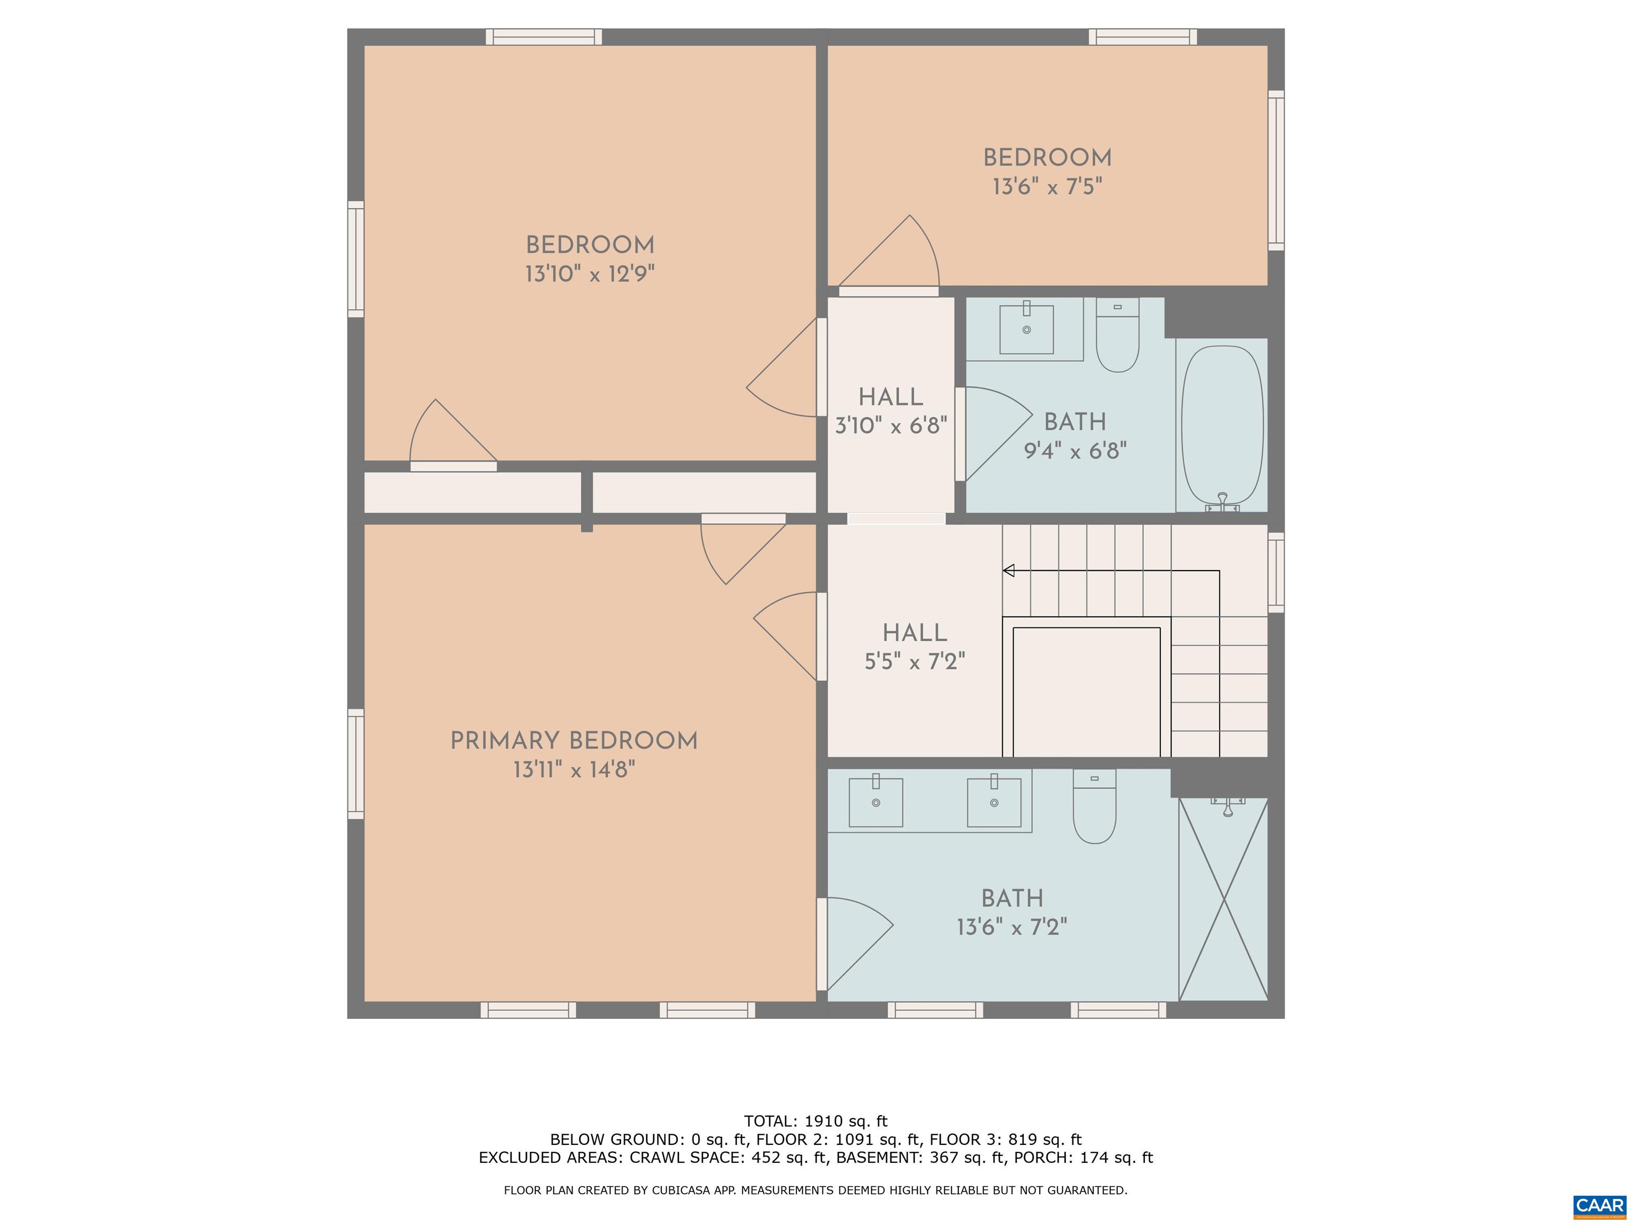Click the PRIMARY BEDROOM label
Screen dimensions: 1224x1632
pyautogui.click(x=574, y=741)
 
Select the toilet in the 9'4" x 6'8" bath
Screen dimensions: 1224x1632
pyautogui.click(x=1117, y=336)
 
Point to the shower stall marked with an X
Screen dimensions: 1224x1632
pyautogui.click(x=1223, y=899)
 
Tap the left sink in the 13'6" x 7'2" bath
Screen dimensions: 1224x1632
pyautogui.click(x=875, y=802)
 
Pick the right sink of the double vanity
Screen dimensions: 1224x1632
pyautogui.click(x=994, y=802)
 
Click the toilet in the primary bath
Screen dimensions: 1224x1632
pyautogui.click(x=1094, y=808)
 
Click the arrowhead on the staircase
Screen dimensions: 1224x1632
pyautogui.click(x=1008, y=571)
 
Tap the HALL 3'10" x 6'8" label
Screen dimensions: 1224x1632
pyautogui.click(x=890, y=411)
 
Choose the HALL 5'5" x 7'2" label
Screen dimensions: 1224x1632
pyautogui.click(x=915, y=647)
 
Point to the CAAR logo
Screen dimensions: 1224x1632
pyautogui.click(x=1599, y=1205)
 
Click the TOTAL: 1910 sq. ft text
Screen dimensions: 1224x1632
pyautogui.click(x=815, y=1121)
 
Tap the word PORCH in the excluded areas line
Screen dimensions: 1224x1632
pyautogui.click(x=1043, y=1157)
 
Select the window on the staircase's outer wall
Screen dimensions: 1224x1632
pyautogui.click(x=1276, y=573)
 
